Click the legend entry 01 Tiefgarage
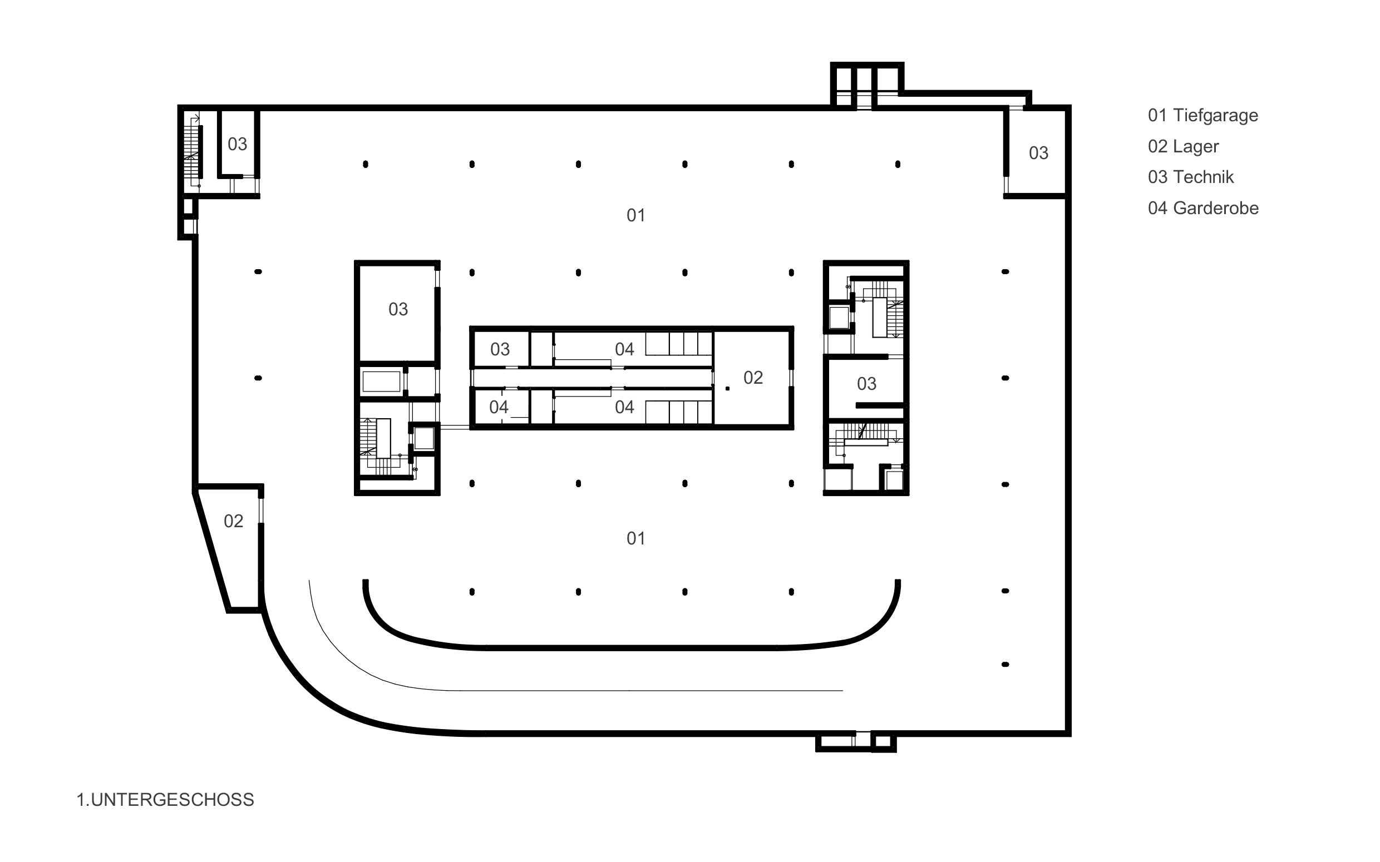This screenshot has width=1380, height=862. coord(1202,116)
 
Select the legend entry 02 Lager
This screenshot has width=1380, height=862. coord(1182,146)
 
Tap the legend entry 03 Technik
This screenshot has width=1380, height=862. coord(1190,177)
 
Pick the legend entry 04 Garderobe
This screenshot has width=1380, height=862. coord(1202,208)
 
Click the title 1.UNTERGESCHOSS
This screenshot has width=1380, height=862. coord(165,800)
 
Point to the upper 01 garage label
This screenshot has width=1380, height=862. coord(636,216)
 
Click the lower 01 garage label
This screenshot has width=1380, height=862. coord(636,538)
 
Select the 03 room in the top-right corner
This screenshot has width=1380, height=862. coord(1038,153)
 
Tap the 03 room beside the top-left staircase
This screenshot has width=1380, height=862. coord(237,144)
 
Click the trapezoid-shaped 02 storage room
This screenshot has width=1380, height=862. coord(233,521)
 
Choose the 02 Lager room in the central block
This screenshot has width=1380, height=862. coord(753,378)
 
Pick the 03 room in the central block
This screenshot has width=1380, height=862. coord(500,349)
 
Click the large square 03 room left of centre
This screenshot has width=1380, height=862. coord(398,310)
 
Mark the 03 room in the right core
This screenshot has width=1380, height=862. coord(866,384)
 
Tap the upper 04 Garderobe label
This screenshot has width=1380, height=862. coord(624,349)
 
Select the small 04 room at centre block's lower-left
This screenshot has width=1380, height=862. coord(499,407)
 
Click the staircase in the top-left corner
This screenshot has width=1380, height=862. coord(193,151)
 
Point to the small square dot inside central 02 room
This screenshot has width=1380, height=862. coord(727,389)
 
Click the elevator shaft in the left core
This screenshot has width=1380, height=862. coord(424,438)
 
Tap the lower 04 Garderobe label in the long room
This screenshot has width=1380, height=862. coord(624,407)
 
